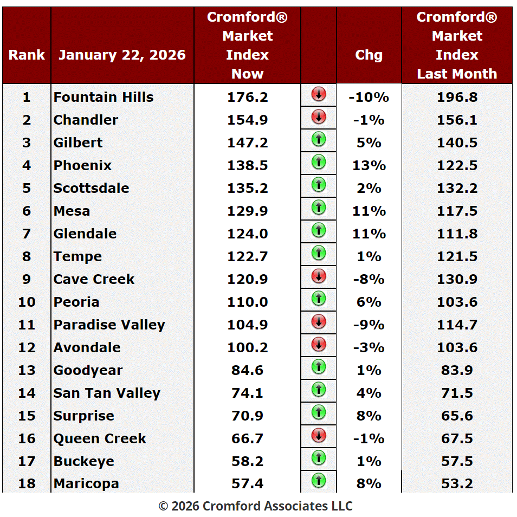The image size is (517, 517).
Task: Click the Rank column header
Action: (27, 55)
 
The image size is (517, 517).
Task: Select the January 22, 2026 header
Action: (122, 55)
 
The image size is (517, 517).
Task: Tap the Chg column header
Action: (369, 55)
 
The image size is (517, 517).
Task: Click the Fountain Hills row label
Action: (104, 97)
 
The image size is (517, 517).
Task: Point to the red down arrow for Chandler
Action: (319, 117)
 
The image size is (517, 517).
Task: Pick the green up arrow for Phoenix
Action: (319, 162)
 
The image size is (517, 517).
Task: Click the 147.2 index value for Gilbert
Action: (247, 143)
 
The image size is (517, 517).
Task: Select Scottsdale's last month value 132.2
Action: (457, 188)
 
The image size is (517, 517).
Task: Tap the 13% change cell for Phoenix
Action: (369, 165)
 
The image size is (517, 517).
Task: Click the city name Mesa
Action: (72, 211)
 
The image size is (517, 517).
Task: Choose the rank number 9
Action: (27, 279)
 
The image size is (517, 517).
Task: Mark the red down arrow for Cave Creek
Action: (319, 276)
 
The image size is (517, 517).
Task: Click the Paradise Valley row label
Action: (109, 325)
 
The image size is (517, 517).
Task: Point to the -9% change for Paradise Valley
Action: (369, 325)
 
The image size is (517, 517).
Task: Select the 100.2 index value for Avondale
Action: (247, 347)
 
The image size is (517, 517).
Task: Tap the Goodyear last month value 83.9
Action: (457, 370)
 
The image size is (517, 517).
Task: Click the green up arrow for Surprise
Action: (319, 412)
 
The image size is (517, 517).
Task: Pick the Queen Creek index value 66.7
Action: (247, 438)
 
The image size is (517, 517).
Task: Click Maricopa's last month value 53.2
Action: (457, 483)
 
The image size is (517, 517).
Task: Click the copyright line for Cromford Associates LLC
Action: (255, 506)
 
